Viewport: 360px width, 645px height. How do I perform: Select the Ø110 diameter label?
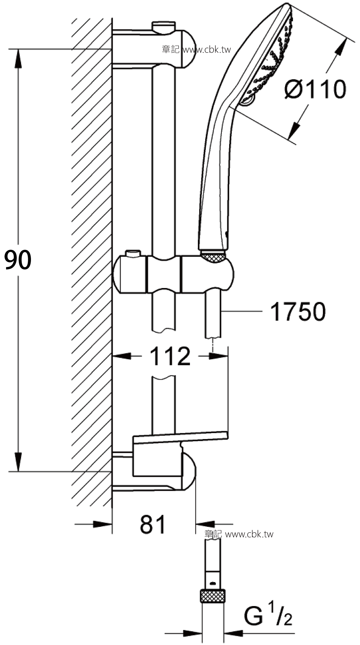[x=315, y=89]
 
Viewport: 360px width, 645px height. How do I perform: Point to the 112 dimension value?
[x=170, y=356]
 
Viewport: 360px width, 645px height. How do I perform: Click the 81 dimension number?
[x=153, y=524]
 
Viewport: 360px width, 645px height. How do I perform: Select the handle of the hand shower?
[x=213, y=179]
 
